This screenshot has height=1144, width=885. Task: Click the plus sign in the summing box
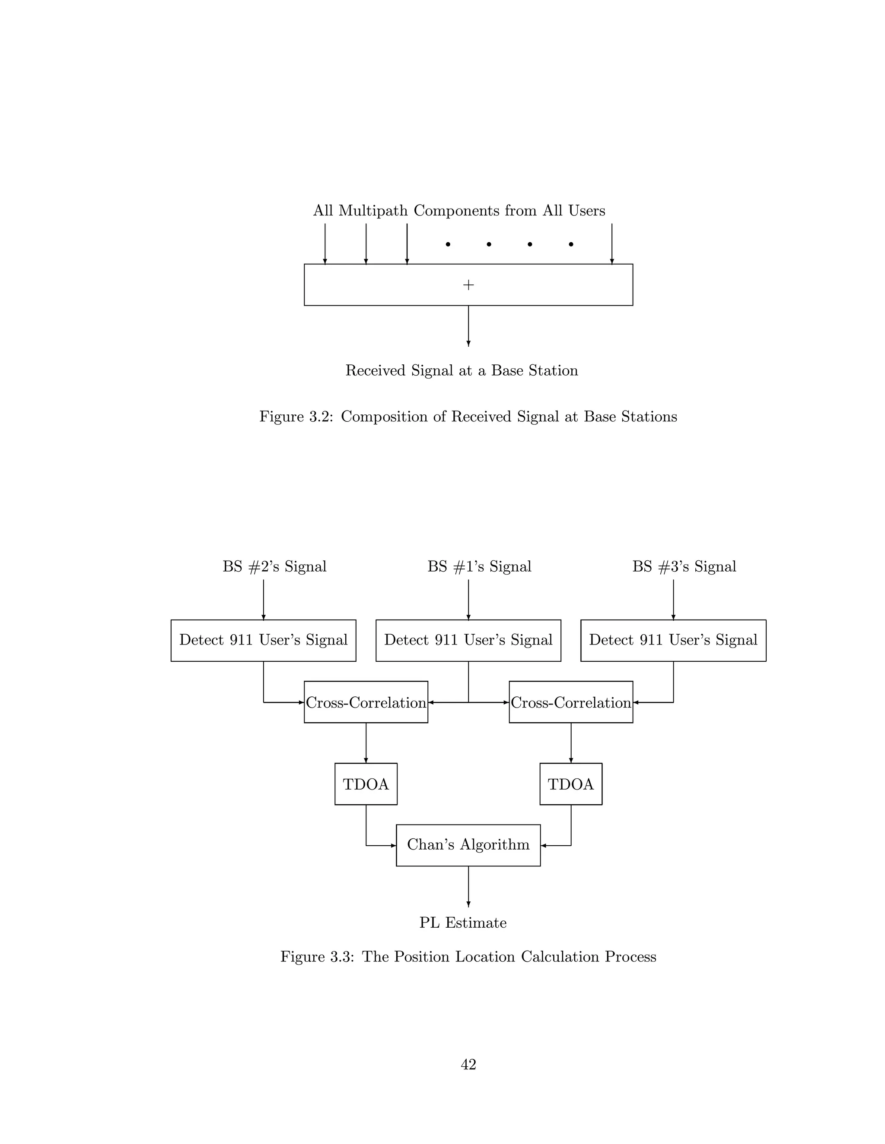pyautogui.click(x=468, y=285)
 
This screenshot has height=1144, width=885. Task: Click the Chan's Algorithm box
pyautogui.click(x=468, y=845)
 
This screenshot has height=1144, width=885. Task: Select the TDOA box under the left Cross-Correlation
pyautogui.click(x=366, y=784)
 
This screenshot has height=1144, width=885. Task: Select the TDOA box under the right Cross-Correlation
pyautogui.click(x=570, y=784)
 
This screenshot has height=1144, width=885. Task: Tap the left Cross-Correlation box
pyautogui.click(x=366, y=702)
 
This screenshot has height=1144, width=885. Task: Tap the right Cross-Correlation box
pyautogui.click(x=570, y=702)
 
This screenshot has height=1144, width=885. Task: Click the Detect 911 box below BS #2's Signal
pyautogui.click(x=263, y=640)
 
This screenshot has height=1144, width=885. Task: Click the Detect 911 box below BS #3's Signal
pyautogui.click(x=673, y=640)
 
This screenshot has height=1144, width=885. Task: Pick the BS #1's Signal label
pyautogui.click(x=479, y=567)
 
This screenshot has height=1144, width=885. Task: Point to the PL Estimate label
pyautogui.click(x=463, y=923)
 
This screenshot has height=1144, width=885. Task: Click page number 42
pyautogui.click(x=468, y=1065)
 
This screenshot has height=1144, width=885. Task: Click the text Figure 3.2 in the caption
pyautogui.click(x=296, y=417)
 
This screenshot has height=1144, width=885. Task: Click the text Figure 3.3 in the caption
pyautogui.click(x=317, y=957)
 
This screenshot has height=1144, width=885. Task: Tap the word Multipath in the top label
pyautogui.click(x=373, y=211)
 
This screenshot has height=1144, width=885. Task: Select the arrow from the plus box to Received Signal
pyautogui.click(x=468, y=326)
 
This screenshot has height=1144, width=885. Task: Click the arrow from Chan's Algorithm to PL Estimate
pyautogui.click(x=468, y=886)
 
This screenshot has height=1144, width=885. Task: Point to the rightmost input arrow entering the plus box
pyautogui.click(x=612, y=243)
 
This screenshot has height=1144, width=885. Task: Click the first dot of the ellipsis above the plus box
pyautogui.click(x=448, y=244)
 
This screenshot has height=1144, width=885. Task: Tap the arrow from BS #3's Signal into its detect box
pyautogui.click(x=673, y=599)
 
